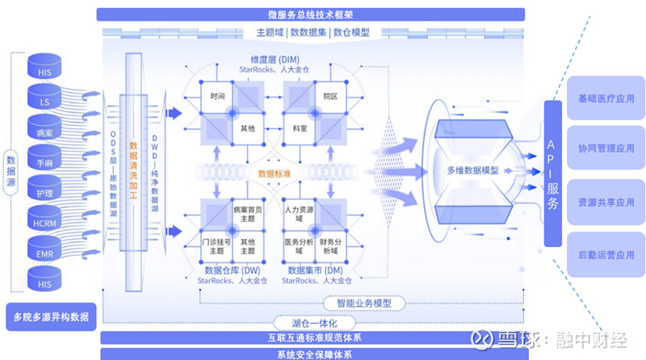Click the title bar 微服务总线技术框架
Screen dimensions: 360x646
tap(310, 14)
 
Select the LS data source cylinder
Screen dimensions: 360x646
tap(44, 102)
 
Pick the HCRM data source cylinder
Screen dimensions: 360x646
tap(44, 222)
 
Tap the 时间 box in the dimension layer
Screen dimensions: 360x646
tap(216, 96)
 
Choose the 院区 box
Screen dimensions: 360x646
tap(329, 96)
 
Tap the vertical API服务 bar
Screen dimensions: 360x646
tap(552, 174)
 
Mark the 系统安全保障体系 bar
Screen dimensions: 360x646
tap(310, 354)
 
